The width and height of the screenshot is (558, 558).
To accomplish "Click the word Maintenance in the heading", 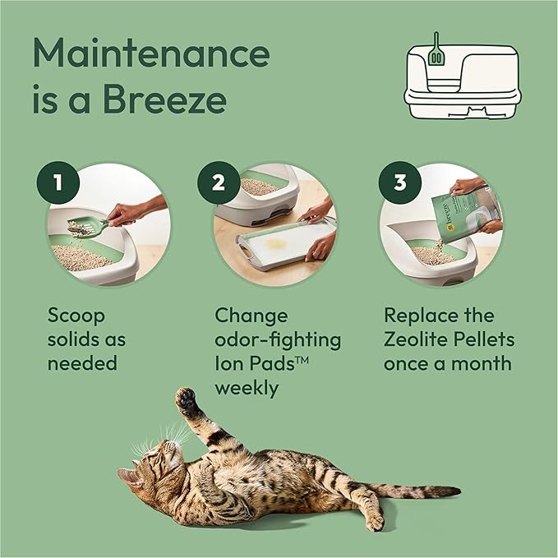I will (151, 53).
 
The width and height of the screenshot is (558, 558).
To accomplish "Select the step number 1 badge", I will (55, 182).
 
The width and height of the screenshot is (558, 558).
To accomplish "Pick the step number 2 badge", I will (218, 182).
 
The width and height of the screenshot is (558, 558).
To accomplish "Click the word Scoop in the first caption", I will (76, 316).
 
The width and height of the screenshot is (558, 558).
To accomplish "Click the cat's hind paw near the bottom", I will (374, 522).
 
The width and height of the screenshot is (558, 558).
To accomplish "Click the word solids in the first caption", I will (78, 339).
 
